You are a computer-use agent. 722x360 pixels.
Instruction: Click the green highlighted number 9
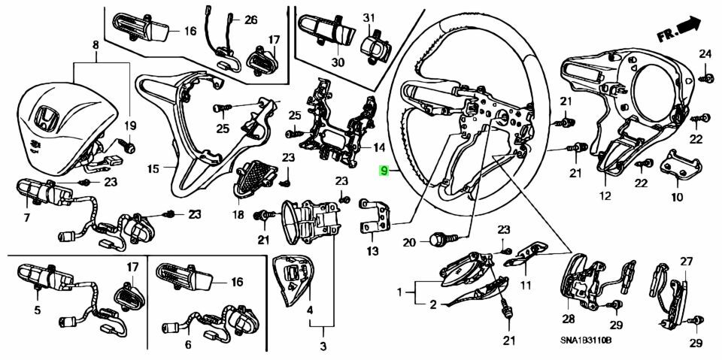coord(384,171)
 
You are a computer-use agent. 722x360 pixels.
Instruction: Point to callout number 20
coord(409,242)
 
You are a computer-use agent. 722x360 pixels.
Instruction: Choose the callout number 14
coord(379,147)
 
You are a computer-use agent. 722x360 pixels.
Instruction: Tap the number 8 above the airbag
coord(96,47)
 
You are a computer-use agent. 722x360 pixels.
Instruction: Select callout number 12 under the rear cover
coord(602,197)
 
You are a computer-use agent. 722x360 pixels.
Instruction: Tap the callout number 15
coord(153,169)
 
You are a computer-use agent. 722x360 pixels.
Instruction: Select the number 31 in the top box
coord(369,17)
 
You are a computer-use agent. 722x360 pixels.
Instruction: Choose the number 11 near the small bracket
coord(526,285)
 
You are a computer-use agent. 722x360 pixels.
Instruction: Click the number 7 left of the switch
coord(26,217)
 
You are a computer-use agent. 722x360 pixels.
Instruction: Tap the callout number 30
coord(337,62)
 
